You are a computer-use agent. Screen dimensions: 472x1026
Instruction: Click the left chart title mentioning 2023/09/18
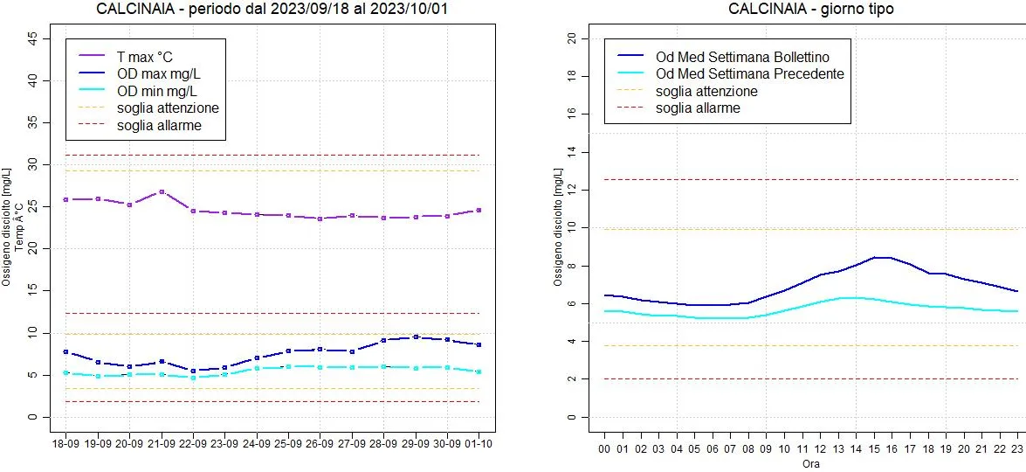279,9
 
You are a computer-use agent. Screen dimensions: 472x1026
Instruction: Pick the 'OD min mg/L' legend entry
156,91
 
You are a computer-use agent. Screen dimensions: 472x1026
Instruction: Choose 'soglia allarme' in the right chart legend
698,108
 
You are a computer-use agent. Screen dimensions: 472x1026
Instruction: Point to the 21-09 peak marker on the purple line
162,191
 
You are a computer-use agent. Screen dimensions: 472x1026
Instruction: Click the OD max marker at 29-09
416,337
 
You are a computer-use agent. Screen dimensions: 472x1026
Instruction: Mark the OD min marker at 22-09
193,378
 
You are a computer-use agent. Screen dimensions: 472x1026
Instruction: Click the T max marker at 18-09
65,199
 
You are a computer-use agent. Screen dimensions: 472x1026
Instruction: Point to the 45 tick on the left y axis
33,38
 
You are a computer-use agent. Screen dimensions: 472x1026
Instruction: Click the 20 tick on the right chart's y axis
572,38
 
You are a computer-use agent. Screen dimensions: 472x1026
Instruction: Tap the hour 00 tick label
603,449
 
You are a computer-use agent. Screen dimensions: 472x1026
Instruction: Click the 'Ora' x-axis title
810,464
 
